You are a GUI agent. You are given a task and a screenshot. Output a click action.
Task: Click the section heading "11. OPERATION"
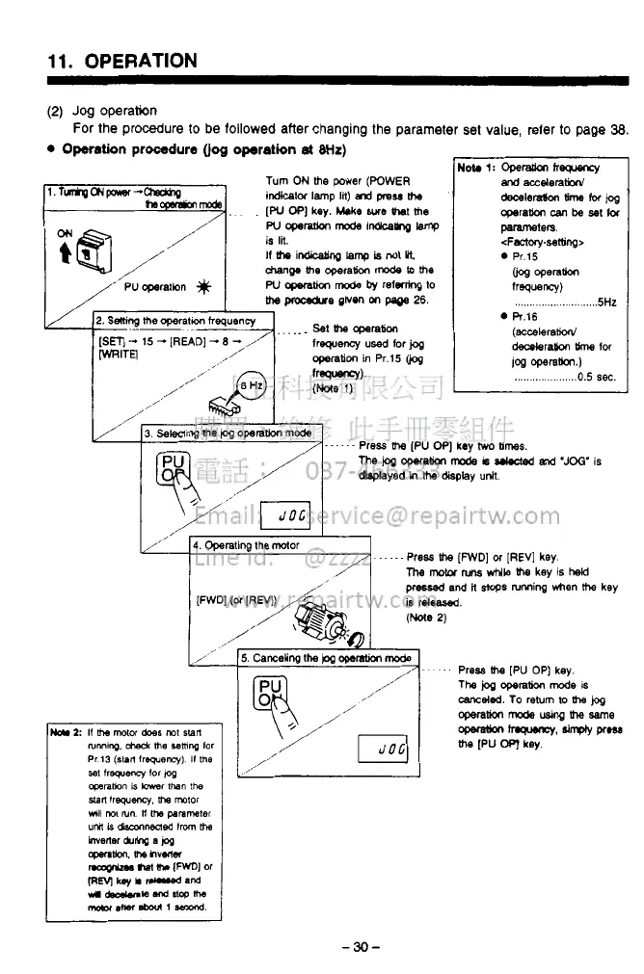click(x=122, y=62)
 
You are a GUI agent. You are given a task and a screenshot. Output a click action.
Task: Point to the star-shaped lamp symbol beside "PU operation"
click(x=202, y=286)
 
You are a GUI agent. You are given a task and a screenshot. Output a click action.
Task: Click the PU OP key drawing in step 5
click(x=274, y=695)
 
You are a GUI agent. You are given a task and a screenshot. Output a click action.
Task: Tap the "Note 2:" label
click(x=63, y=730)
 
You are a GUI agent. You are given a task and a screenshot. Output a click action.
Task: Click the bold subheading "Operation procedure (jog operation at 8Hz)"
click(x=204, y=150)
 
